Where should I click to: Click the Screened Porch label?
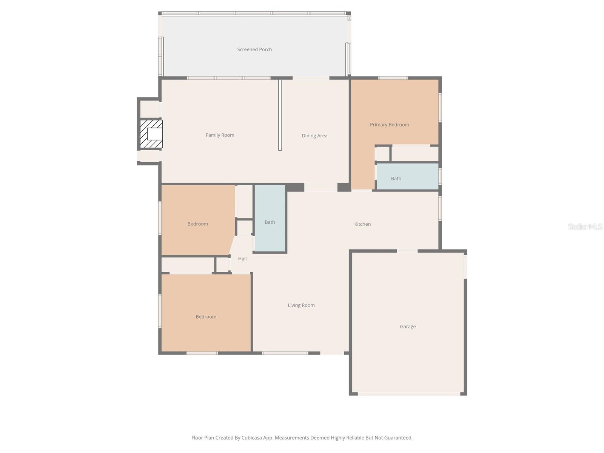click(x=254, y=49)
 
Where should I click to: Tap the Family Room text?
click(x=220, y=135)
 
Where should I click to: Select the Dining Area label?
click(x=314, y=136)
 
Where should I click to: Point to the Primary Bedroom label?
click(x=389, y=125)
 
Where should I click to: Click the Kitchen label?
click(x=362, y=224)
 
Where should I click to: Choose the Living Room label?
click(x=301, y=305)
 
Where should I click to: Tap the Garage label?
click(x=408, y=327)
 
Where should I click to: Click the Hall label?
click(x=242, y=259)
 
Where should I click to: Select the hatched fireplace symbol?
click(x=151, y=134)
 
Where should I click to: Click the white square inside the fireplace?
click(x=155, y=134)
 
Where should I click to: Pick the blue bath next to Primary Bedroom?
click(x=407, y=176)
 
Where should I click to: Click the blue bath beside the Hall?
click(x=270, y=218)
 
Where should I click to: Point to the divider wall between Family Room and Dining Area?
click(x=280, y=115)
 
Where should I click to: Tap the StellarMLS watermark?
click(x=585, y=226)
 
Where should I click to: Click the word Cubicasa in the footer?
click(x=251, y=438)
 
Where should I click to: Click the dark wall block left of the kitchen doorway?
click(x=295, y=187)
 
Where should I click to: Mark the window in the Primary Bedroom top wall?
click(x=393, y=78)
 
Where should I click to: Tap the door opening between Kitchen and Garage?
click(x=407, y=251)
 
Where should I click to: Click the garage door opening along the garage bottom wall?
click(x=408, y=394)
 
